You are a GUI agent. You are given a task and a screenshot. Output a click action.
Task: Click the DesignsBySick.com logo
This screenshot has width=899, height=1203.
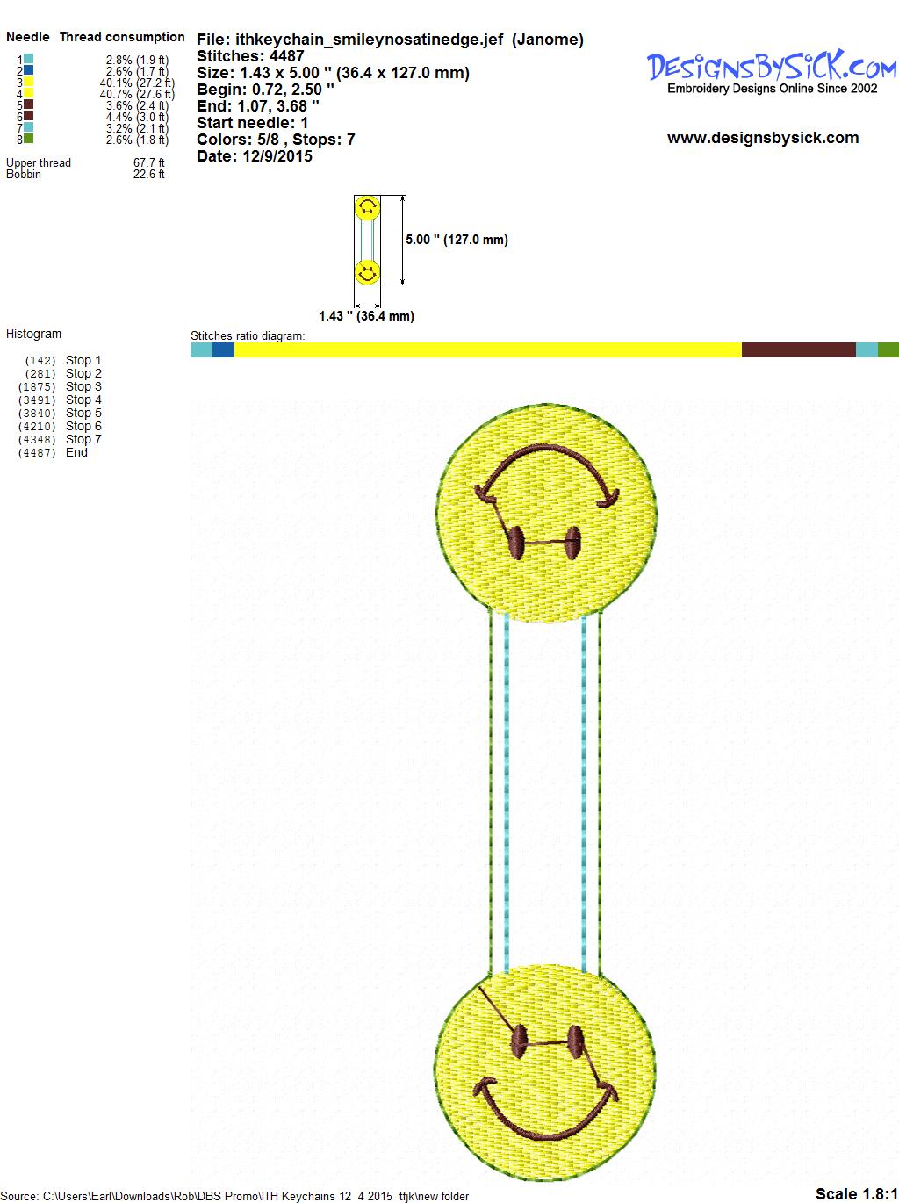pyautogui.click(x=772, y=72)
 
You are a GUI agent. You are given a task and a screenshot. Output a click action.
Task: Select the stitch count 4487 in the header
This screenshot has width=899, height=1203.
pyautogui.click(x=286, y=56)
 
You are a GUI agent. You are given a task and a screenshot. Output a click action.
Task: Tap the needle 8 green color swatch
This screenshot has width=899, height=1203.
pyautogui.click(x=28, y=139)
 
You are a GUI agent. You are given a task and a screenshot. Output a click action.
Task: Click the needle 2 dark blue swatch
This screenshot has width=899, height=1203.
pyautogui.click(x=28, y=70)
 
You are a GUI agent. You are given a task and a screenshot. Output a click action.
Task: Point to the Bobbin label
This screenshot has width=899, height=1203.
pyautogui.click(x=24, y=174)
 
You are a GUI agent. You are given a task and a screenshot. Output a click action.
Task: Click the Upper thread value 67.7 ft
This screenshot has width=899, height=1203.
pyautogui.click(x=149, y=162)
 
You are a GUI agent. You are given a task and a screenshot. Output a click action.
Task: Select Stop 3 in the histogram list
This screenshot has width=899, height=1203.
pyautogui.click(x=83, y=386)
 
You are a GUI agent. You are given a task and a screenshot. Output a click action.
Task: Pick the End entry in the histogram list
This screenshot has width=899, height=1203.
pyautogui.click(x=76, y=452)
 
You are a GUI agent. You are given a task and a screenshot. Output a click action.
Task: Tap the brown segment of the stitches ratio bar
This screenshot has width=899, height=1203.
pyautogui.click(x=798, y=349)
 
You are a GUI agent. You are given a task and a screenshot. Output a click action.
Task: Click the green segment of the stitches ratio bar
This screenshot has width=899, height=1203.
pyautogui.click(x=888, y=349)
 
